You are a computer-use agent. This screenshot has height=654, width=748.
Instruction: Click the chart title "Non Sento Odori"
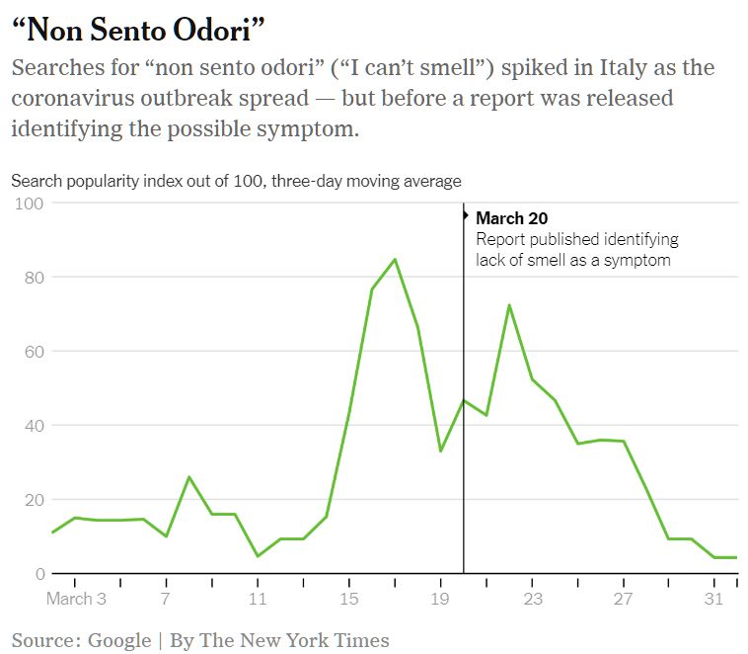138,30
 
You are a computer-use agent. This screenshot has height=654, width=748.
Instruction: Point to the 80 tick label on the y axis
34,278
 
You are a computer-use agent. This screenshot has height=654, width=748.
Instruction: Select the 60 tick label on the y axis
34,352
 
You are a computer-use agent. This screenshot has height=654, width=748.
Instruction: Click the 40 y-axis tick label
34,426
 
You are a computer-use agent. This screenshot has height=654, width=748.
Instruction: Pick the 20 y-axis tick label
34,500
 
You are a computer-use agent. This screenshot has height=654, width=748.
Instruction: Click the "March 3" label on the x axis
76,599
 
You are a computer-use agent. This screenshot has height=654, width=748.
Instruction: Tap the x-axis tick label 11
258,599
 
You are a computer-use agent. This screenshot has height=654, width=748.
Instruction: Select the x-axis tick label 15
348,599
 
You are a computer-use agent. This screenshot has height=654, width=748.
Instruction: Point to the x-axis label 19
440,599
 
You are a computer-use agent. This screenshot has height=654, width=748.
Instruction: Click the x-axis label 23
532,599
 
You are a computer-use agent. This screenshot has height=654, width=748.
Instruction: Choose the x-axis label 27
623,599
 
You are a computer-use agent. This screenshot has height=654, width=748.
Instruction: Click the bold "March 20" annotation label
511,218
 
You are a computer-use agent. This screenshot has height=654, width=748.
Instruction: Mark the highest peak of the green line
395,259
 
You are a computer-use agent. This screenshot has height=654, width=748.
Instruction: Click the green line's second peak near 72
509,304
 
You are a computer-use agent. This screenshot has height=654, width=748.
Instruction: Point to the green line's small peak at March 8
188,476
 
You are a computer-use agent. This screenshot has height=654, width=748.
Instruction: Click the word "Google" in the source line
119,640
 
